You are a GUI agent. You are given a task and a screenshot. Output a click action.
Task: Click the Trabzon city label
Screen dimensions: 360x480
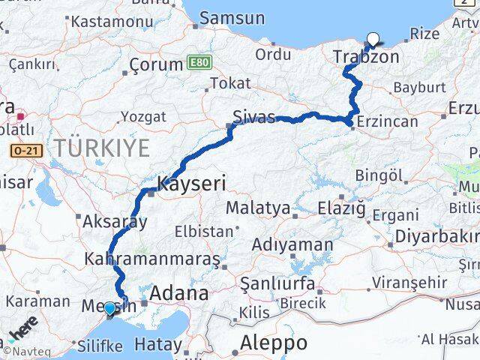click(x=366, y=57)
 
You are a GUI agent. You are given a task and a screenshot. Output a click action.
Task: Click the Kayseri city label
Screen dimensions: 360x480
click(x=191, y=182)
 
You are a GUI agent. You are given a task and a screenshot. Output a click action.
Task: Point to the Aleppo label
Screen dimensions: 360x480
click(x=274, y=343)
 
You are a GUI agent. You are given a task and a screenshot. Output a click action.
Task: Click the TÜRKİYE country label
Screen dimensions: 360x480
click(x=101, y=148)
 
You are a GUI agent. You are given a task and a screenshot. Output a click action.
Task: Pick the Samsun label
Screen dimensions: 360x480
click(x=232, y=18)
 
